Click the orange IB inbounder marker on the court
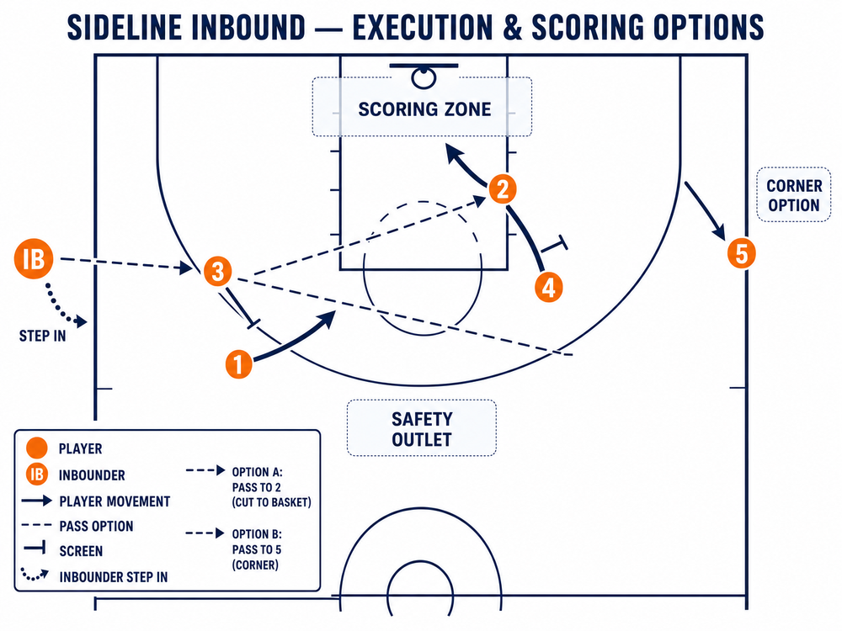[x=34, y=258]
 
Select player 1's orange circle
[x=239, y=363]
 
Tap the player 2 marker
[x=503, y=188]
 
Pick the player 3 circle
[x=217, y=271]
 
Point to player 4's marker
[x=548, y=288]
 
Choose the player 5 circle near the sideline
[x=742, y=253]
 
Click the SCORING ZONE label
[x=424, y=109]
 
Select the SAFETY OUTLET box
[x=422, y=428]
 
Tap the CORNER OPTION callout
[x=794, y=195]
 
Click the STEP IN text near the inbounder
[x=42, y=337]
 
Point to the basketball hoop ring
[x=424, y=78]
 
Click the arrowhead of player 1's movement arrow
[x=328, y=318]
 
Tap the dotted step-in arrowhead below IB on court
[x=81, y=321]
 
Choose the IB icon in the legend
[x=37, y=475]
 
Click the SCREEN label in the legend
[x=81, y=551]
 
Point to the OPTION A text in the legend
[x=257, y=472]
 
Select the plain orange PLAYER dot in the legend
[x=36, y=448]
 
